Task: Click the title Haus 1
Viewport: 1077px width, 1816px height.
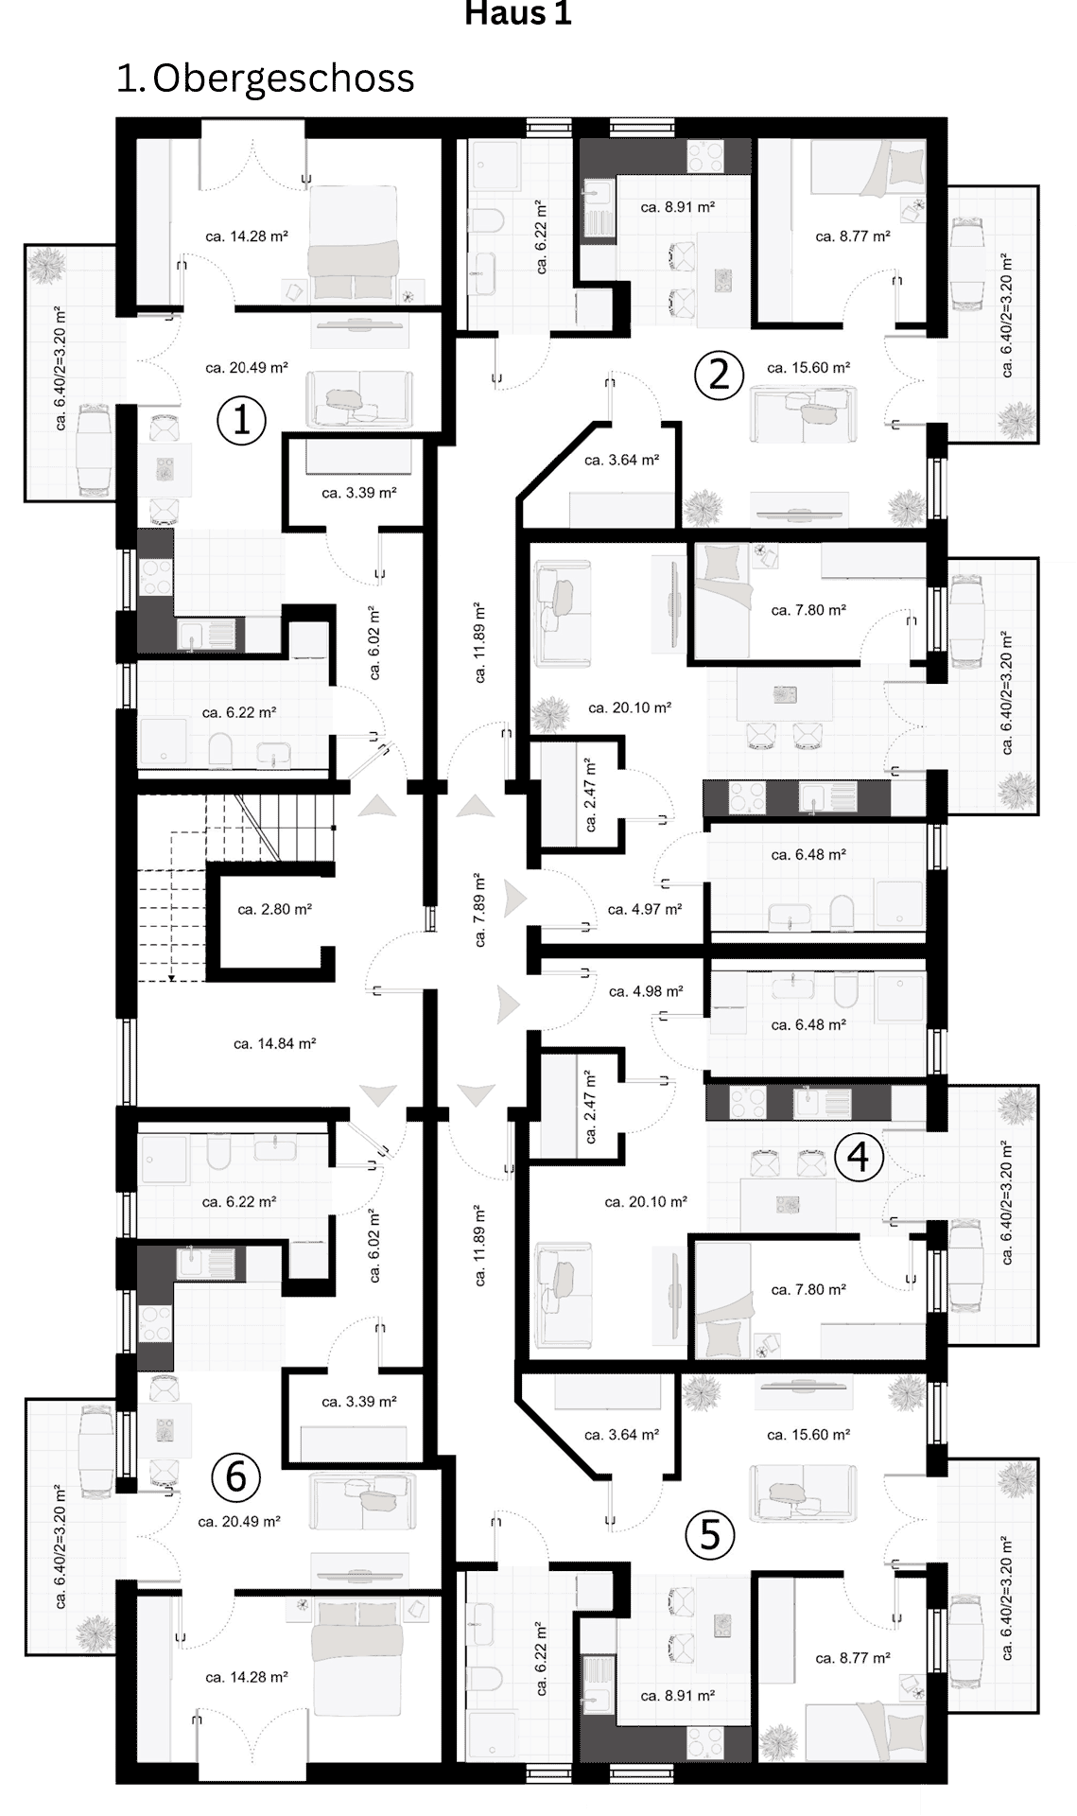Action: pyautogui.click(x=518, y=14)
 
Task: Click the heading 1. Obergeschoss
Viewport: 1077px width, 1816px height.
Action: pyautogui.click(x=265, y=79)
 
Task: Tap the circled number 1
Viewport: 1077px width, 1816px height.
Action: pyautogui.click(x=241, y=420)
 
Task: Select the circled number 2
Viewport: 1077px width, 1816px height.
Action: pyautogui.click(x=719, y=375)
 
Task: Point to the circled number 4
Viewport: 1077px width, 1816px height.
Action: pyautogui.click(x=859, y=1157)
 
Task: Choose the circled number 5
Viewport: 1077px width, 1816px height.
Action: pyautogui.click(x=709, y=1534)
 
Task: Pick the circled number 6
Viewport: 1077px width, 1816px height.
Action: pyautogui.click(x=235, y=1477)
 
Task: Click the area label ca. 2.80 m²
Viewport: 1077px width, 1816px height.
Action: pyautogui.click(x=274, y=910)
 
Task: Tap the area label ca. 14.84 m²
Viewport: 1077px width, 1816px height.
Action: pyautogui.click(x=274, y=1044)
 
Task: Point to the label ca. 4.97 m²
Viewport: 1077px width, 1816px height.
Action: pyautogui.click(x=645, y=910)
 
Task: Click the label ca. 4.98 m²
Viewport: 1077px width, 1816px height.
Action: pyautogui.click(x=646, y=992)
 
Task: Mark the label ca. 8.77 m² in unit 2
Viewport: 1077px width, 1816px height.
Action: pyautogui.click(x=853, y=236)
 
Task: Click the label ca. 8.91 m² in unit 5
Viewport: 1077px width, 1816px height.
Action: pyautogui.click(x=677, y=1696)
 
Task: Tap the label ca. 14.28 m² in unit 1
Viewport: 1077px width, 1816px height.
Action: pyautogui.click(x=247, y=236)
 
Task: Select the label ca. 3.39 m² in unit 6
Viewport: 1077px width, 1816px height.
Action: pyautogui.click(x=358, y=1402)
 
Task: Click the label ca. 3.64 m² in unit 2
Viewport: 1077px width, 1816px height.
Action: pyautogui.click(x=621, y=461)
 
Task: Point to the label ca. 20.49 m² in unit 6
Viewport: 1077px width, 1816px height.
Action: pyautogui.click(x=239, y=1522)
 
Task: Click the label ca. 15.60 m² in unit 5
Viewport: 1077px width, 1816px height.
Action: pyautogui.click(x=808, y=1435)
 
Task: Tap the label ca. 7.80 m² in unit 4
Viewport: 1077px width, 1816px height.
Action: pyautogui.click(x=808, y=1290)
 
